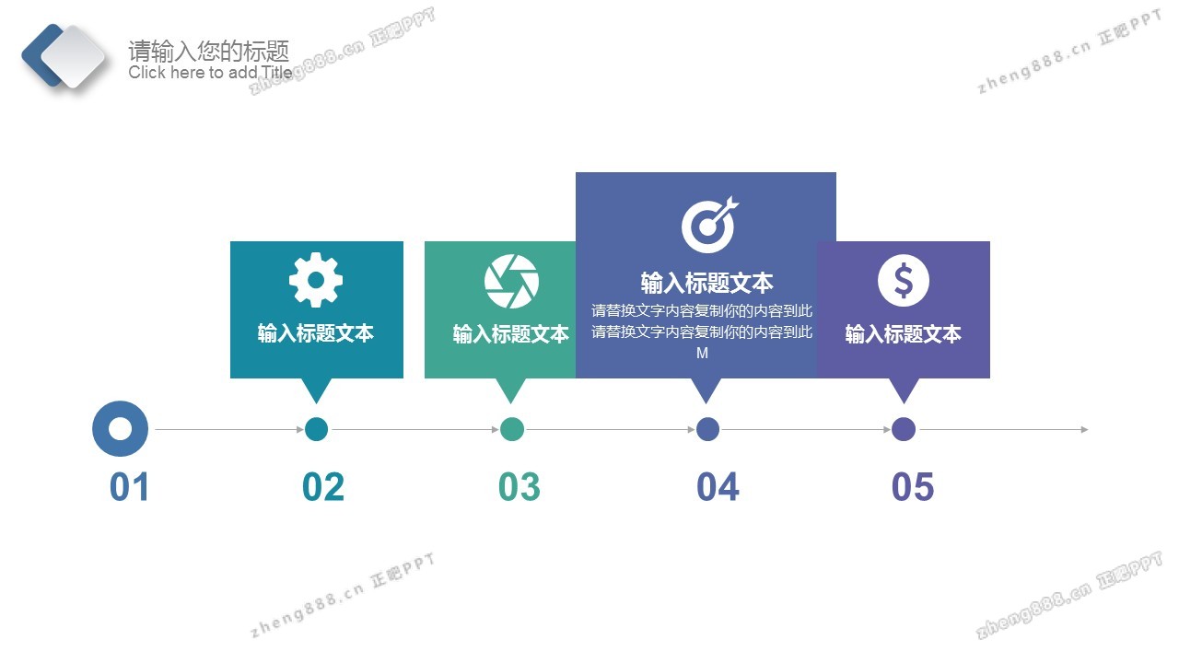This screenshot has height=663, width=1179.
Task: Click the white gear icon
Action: tap(316, 280)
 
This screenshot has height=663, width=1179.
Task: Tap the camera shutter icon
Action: tap(511, 282)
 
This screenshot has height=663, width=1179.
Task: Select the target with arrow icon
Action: tap(710, 225)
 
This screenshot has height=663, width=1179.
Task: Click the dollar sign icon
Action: tap(904, 281)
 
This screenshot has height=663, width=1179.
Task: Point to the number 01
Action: tap(130, 487)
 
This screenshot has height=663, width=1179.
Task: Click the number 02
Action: tap(323, 487)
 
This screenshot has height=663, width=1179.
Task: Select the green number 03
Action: tap(519, 487)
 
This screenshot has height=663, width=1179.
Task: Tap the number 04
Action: tap(718, 487)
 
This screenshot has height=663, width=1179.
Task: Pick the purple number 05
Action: tap(913, 487)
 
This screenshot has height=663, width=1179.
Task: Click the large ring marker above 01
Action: tap(120, 429)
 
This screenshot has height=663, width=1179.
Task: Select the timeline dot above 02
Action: tap(316, 429)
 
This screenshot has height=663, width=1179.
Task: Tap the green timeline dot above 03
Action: tap(511, 429)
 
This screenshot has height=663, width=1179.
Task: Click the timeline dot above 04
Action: tap(708, 429)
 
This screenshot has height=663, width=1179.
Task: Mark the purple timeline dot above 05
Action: tap(904, 429)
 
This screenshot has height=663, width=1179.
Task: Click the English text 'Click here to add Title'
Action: tap(210, 72)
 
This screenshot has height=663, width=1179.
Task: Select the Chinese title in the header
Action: tap(209, 51)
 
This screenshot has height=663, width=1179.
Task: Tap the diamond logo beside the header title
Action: tap(64, 57)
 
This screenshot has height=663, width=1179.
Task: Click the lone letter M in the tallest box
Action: tap(702, 353)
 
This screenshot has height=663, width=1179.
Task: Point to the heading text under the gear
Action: tap(316, 333)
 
